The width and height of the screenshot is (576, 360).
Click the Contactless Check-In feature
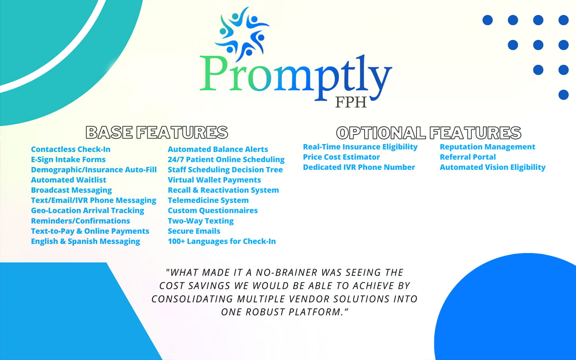(x=71, y=149)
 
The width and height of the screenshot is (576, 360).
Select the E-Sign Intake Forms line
(x=68, y=160)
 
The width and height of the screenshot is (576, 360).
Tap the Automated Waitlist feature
(x=69, y=180)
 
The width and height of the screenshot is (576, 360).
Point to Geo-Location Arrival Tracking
(x=87, y=211)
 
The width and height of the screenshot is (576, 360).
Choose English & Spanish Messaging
(x=85, y=242)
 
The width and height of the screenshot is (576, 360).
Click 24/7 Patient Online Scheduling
(x=226, y=160)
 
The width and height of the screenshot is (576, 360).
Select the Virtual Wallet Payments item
(x=214, y=180)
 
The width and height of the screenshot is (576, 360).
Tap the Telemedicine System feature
(x=208, y=200)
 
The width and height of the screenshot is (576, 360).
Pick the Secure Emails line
(x=194, y=231)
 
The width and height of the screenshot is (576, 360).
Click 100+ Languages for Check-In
(x=222, y=242)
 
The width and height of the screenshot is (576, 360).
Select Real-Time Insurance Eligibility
(x=360, y=147)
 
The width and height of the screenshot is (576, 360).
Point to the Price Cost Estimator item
(x=341, y=157)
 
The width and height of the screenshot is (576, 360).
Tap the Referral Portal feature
(x=468, y=157)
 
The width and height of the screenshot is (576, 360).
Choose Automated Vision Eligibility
(x=492, y=167)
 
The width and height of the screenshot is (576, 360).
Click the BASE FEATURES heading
(x=157, y=132)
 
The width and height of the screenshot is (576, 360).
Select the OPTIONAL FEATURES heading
(x=429, y=133)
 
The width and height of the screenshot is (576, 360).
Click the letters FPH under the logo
(x=351, y=102)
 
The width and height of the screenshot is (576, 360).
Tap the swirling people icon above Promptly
(x=242, y=33)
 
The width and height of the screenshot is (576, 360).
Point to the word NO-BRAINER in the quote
(x=287, y=273)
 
